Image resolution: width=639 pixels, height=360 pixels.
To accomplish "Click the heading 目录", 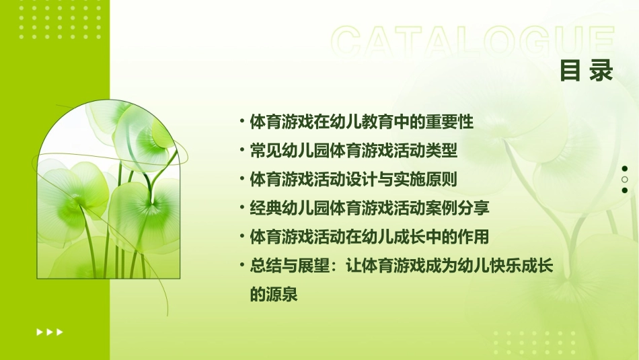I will coord(587,71).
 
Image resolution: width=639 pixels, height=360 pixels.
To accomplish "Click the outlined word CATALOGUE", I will coord(473,42).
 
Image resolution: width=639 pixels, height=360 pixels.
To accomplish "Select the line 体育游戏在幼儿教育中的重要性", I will coord(361,122).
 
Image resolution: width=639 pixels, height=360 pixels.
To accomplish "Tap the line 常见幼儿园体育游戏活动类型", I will coord(353,151).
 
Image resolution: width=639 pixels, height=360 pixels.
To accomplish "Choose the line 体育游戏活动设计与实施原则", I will coord(353,180).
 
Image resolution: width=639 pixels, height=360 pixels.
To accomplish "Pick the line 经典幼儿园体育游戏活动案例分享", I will coord(369,208).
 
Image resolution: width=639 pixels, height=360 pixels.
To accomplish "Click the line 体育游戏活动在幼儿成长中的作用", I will coord(369,237).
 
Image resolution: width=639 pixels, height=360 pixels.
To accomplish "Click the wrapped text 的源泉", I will coord(273,295).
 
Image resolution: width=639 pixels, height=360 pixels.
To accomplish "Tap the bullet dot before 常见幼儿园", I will coord(241,151).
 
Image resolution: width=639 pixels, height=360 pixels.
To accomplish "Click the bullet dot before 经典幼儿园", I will coord(241,208).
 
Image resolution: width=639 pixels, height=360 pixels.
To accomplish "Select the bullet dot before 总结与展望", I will coord(241,266).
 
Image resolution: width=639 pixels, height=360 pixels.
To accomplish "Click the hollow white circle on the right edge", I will coord(625,180).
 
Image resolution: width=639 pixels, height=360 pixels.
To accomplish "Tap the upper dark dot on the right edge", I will coord(625,168).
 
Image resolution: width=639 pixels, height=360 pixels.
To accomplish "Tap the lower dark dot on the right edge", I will coord(625,190).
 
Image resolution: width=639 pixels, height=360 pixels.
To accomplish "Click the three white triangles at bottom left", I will coord(50,332).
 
